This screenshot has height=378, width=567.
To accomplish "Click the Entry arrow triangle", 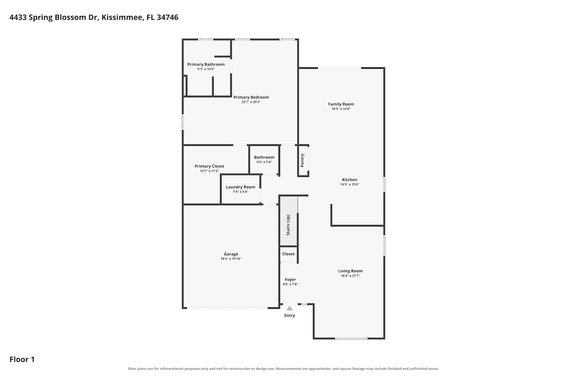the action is (290, 308).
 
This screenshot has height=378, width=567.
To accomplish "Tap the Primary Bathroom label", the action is (206, 64).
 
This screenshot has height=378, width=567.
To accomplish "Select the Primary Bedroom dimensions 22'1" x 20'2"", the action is (251, 102).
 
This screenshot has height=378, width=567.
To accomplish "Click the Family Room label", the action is (341, 104).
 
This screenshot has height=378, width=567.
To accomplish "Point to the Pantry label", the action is (302, 160).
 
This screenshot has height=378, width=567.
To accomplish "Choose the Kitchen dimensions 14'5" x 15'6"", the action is (350, 184).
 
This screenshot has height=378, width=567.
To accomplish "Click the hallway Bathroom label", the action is (264, 157).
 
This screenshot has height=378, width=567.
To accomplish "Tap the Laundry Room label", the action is (240, 187).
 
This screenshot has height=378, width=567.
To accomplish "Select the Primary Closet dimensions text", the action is (209, 171).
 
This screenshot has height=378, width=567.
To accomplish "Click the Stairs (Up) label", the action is (288, 225).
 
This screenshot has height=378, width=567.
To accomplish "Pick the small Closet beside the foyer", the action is (288, 254).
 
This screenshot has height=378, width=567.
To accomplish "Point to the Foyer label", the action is (290, 279).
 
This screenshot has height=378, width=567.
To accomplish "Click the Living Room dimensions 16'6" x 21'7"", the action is (350, 276).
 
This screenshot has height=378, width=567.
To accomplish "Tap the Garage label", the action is (231, 254).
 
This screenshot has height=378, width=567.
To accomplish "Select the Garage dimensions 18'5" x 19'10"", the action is (231, 259).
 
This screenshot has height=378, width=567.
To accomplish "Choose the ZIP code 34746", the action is (167, 17).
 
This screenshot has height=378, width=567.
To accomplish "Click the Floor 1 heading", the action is (22, 359).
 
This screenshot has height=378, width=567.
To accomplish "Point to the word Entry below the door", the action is (290, 316).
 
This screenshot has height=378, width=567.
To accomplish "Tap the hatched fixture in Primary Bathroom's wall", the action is (185, 86).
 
